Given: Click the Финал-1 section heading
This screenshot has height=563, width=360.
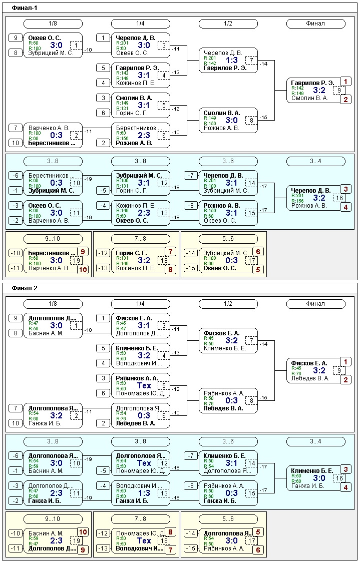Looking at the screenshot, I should (x=25, y=8).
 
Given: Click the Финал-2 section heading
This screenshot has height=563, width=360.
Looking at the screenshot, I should (x=25, y=288).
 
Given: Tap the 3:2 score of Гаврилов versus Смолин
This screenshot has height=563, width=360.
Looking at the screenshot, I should (x=319, y=90).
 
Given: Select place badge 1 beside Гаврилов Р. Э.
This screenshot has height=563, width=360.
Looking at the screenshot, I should (x=345, y=81).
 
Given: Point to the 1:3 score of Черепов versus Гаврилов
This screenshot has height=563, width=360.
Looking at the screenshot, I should (x=231, y=60).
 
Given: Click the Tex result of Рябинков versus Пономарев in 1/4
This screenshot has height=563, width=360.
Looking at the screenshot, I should (x=144, y=385).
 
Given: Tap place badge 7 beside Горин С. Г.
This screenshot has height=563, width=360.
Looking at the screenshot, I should (x=170, y=252).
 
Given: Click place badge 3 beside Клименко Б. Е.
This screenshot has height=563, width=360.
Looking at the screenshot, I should (x=345, y=469).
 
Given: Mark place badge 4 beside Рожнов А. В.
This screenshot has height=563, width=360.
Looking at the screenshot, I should (x=345, y=207).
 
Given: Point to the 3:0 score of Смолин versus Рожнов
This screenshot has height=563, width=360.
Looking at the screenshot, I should (x=231, y=120).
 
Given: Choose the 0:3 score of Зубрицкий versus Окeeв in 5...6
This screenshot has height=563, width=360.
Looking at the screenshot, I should (x=231, y=260).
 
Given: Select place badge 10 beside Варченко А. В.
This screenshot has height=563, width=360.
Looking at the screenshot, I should (x=83, y=270).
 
